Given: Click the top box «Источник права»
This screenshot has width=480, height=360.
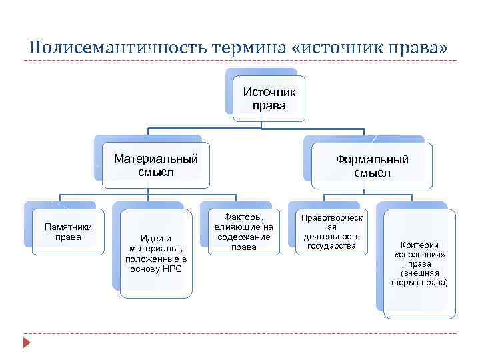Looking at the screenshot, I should click(269, 99).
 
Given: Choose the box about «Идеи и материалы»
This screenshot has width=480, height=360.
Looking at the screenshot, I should click(155, 254).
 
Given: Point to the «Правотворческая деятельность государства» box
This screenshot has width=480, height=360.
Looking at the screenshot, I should click(331, 232).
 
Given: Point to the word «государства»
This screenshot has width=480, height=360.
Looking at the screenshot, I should click(331, 246).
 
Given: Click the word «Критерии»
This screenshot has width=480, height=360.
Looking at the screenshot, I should click(419, 245).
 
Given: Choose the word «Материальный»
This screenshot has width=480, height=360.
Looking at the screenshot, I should click(156, 159).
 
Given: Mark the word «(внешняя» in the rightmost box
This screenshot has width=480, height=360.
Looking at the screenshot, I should click(419, 273).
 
